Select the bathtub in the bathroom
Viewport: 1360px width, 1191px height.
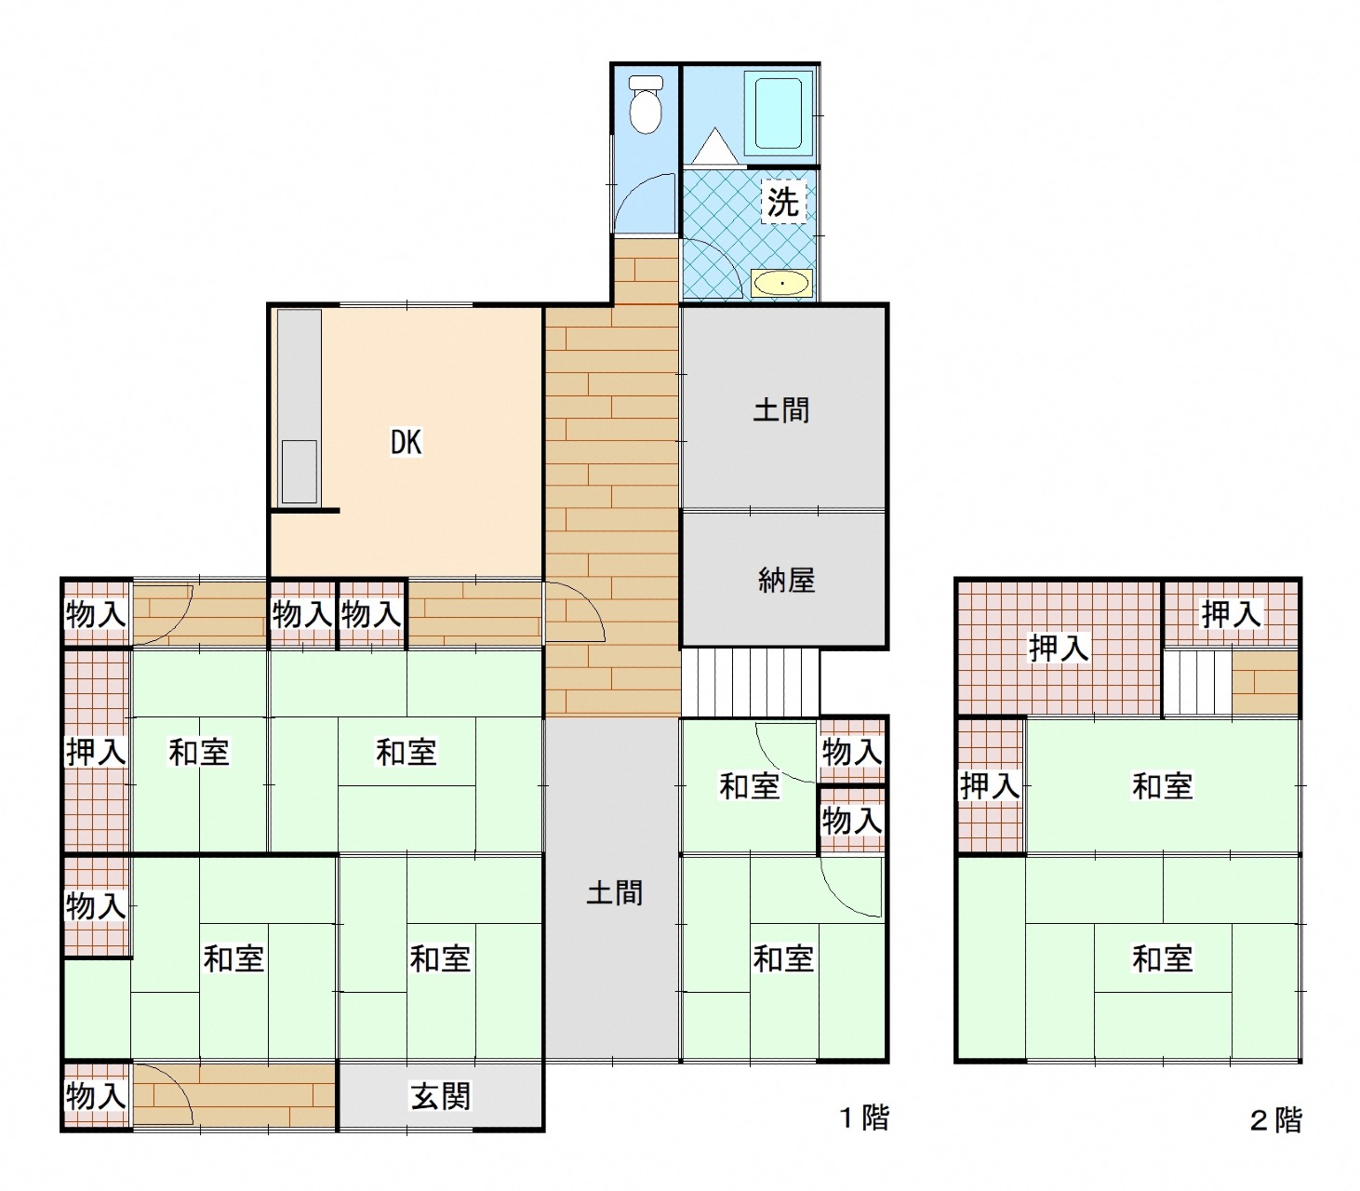coord(778,113)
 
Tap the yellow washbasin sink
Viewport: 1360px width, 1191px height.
coord(781,284)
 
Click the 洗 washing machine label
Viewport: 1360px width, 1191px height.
coord(783,201)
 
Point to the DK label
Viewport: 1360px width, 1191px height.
coord(406,442)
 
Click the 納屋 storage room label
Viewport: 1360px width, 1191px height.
coord(786,581)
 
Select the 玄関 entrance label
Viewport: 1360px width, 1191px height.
coord(440,1096)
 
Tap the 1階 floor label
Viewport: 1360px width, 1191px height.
coord(864,1117)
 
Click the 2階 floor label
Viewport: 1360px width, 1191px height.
coord(1275,1120)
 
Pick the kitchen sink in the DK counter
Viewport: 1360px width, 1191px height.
coord(300,472)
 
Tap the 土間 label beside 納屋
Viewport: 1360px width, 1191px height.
coord(781,410)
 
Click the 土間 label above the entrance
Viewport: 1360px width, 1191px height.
coord(614,893)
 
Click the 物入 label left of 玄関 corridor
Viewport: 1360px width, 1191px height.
coord(96,1095)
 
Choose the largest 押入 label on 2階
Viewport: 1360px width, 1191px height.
coord(1059,648)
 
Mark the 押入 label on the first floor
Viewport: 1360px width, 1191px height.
coord(96,752)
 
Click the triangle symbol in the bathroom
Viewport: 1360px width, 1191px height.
coord(714,145)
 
